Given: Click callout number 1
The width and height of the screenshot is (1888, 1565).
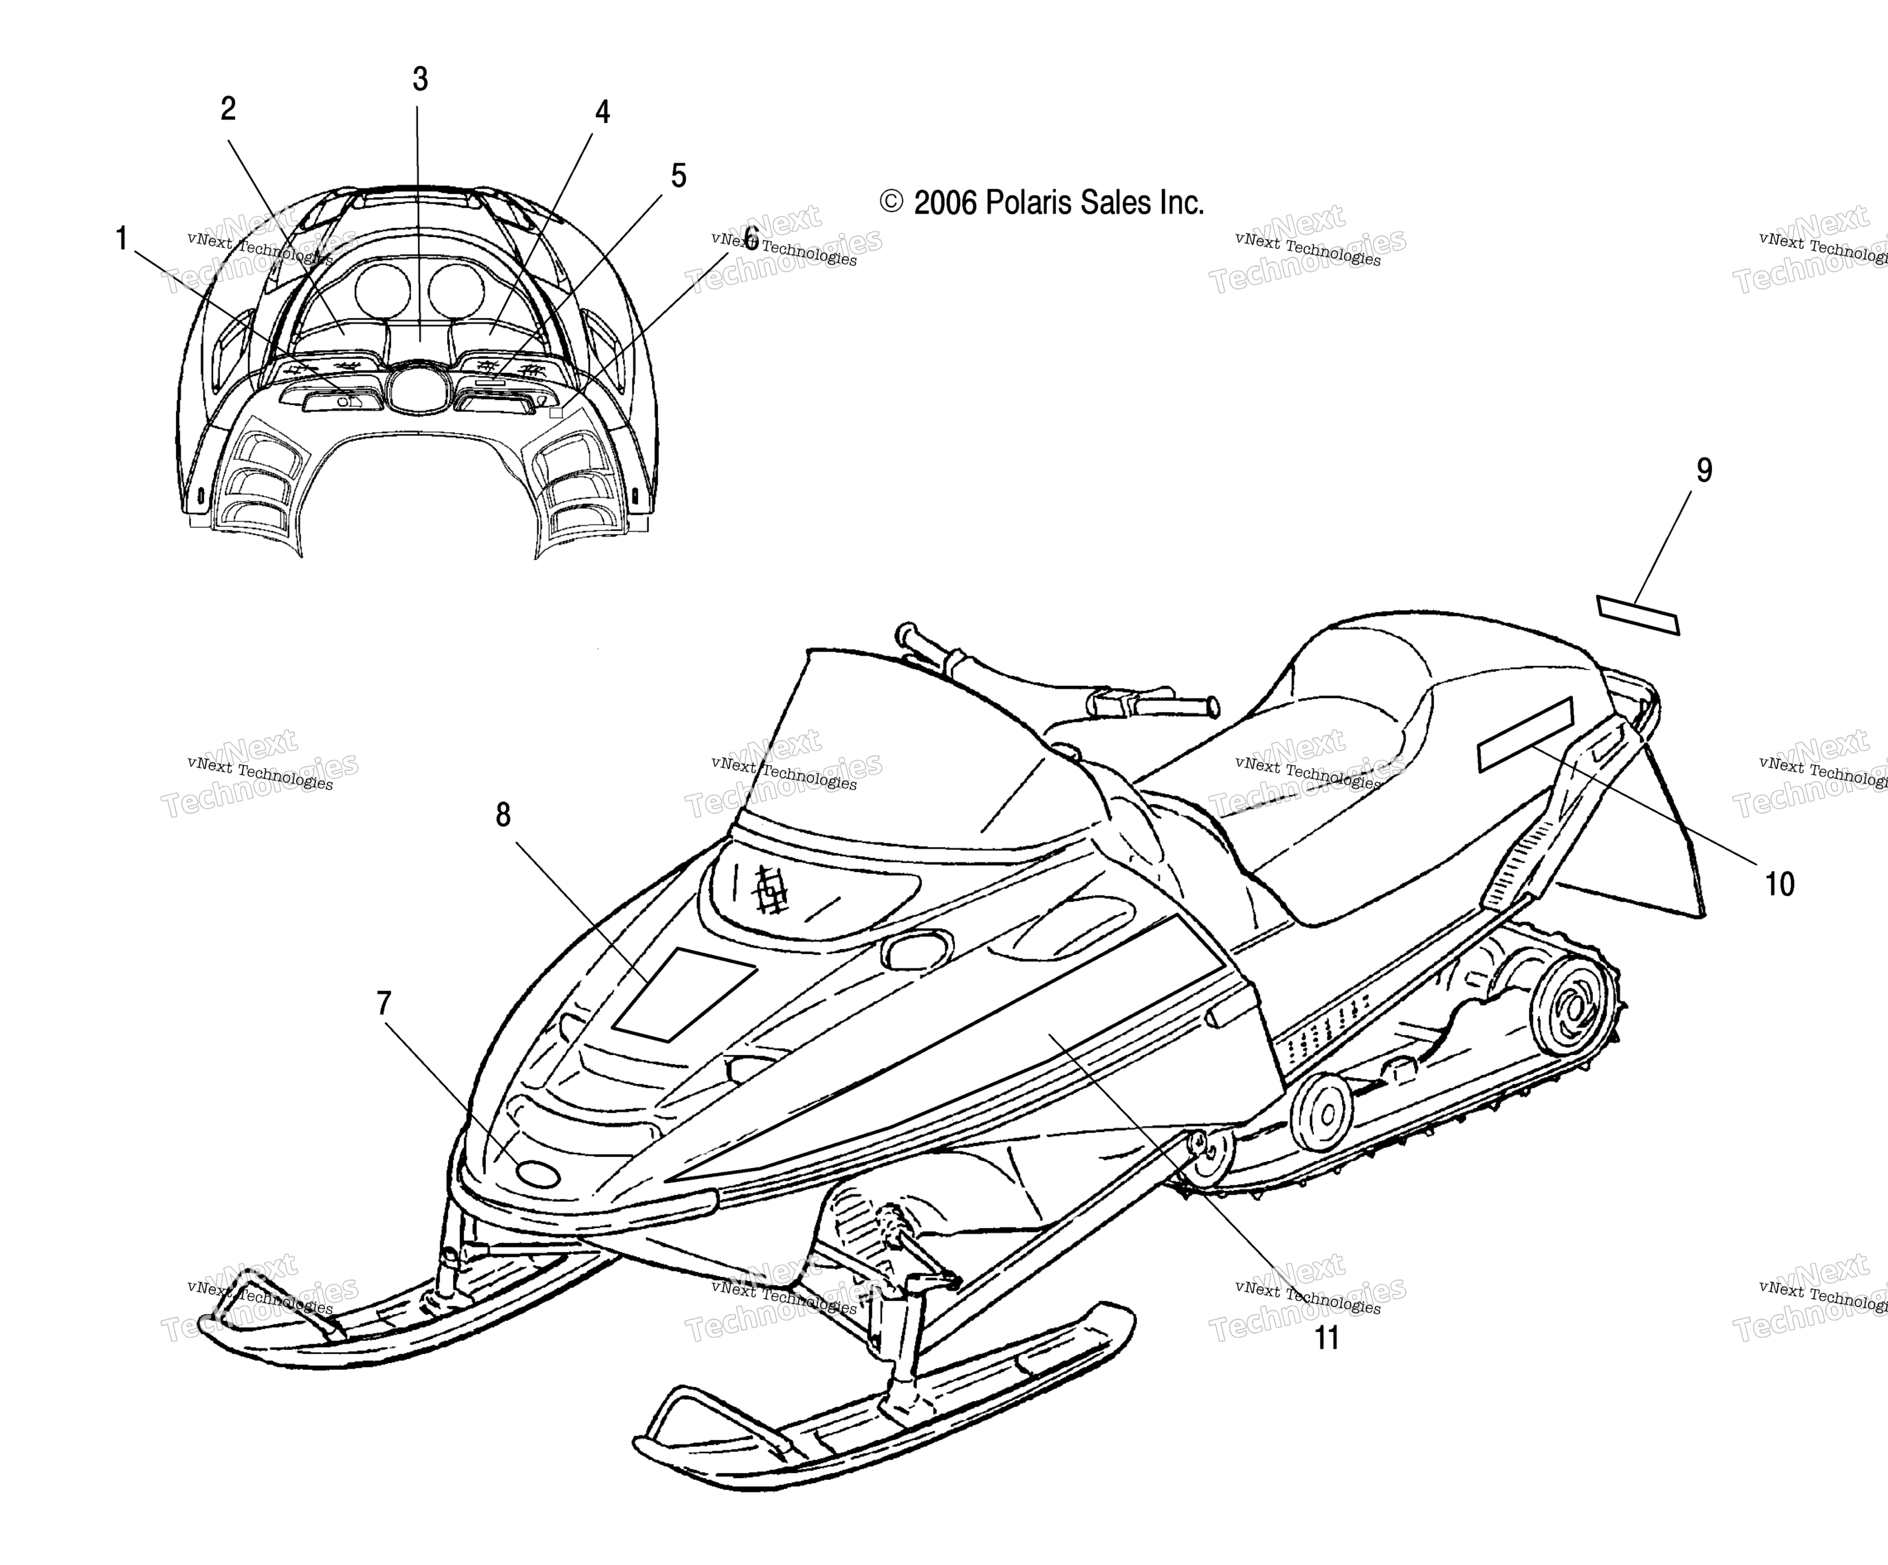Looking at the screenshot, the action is tap(121, 239).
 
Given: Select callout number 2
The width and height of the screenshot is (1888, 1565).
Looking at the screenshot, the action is tap(228, 109).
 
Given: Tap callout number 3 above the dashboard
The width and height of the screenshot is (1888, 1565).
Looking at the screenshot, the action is tap(420, 79).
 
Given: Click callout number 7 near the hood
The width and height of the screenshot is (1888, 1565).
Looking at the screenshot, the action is tap(384, 1003).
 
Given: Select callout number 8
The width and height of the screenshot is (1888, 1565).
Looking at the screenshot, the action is tap(503, 814).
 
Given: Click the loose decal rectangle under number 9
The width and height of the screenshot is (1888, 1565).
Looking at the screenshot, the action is tap(1638, 615).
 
